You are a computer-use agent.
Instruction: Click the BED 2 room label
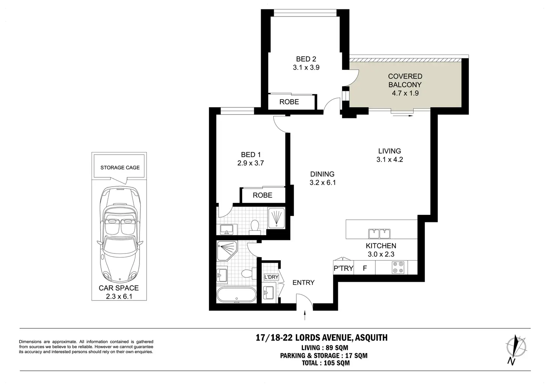306,59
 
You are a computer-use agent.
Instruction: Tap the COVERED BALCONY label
405,80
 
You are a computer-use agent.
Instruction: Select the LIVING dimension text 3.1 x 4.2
390,160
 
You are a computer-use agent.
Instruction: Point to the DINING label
322,174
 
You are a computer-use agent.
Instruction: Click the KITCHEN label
381,246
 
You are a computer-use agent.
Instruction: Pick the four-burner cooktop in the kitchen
398,267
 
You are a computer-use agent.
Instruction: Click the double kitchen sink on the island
379,234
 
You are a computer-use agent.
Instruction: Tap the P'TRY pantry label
343,268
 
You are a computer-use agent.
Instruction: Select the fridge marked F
365,268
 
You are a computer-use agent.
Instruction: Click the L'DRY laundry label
271,277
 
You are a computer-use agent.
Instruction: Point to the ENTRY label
303,282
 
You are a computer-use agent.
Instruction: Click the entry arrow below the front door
305,315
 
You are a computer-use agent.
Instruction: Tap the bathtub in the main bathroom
237,294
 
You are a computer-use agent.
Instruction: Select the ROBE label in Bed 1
262,195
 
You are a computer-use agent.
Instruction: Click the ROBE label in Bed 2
289,102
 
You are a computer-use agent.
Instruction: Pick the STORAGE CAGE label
120,168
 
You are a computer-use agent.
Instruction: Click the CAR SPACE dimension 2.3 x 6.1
119,296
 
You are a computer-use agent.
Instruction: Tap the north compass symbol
516,350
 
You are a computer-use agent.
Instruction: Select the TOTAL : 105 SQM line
326,363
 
